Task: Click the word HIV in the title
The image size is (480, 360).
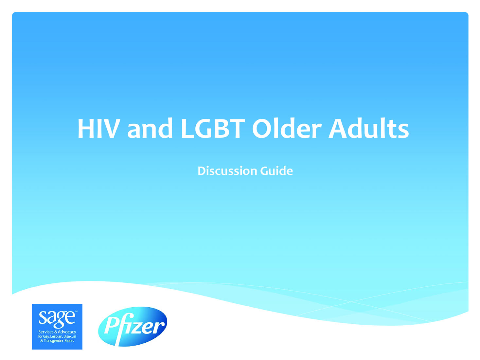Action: point(99,129)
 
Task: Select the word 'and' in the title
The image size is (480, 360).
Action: point(150,128)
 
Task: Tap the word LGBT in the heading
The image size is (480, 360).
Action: point(213,129)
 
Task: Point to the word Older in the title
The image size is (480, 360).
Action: point(287,128)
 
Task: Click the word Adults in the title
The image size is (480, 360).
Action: point(368,128)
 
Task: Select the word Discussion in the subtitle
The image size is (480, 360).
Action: point(227,171)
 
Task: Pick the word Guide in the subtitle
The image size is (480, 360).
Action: point(276,171)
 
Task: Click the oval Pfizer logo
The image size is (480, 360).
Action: point(133,326)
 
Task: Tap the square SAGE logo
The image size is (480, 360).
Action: point(57,327)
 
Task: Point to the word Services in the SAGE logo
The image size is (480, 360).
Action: point(46,332)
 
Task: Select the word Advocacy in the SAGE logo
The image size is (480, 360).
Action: point(67,332)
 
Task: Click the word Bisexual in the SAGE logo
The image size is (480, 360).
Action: point(70,336)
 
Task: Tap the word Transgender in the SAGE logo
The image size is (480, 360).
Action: point(54,341)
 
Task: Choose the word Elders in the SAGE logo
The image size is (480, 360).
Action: point(69,341)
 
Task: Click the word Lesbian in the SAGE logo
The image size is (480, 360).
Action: point(56,336)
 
